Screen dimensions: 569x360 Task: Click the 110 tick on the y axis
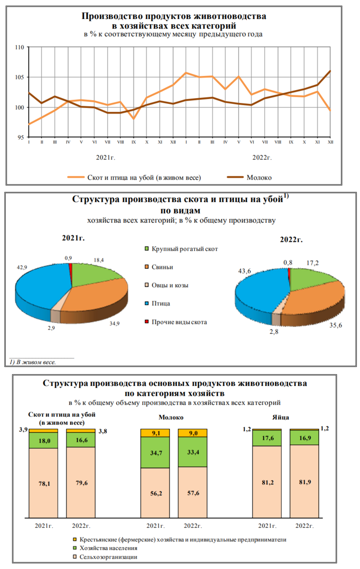20,47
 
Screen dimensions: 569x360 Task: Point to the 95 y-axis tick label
21,138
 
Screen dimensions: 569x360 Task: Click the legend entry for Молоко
258,177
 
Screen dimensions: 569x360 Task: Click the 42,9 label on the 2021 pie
23,267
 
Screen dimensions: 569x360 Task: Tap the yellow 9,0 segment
193,432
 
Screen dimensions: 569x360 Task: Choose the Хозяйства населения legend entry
109,548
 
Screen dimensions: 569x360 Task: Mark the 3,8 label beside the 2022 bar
102,431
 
